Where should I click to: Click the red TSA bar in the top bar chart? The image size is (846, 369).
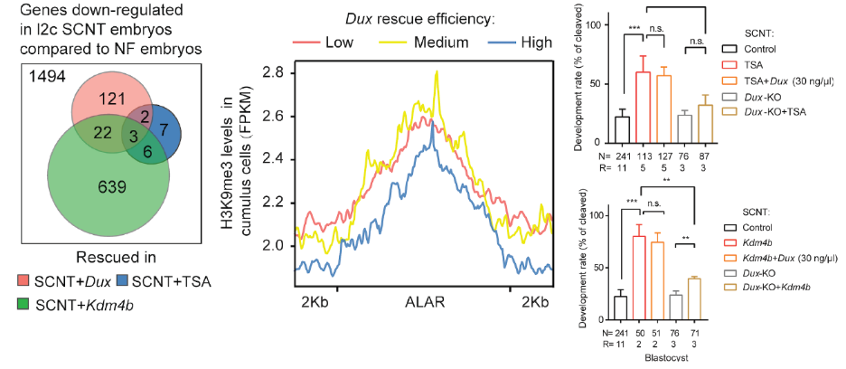tap(643, 108)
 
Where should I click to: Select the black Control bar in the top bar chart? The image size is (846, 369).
tap(620, 130)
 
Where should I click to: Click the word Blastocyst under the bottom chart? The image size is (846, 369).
tap(661, 360)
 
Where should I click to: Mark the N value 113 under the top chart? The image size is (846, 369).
tap(643, 153)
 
